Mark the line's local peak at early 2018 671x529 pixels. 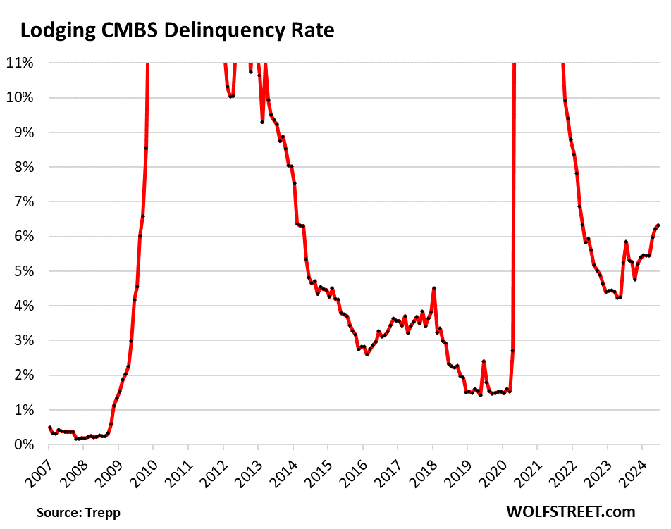point(434,288)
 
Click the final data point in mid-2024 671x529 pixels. point(658,225)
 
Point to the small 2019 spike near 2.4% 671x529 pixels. point(484,361)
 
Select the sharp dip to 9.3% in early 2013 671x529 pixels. point(262,122)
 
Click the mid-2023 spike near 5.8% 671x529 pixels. point(626,242)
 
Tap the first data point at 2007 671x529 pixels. point(49,428)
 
